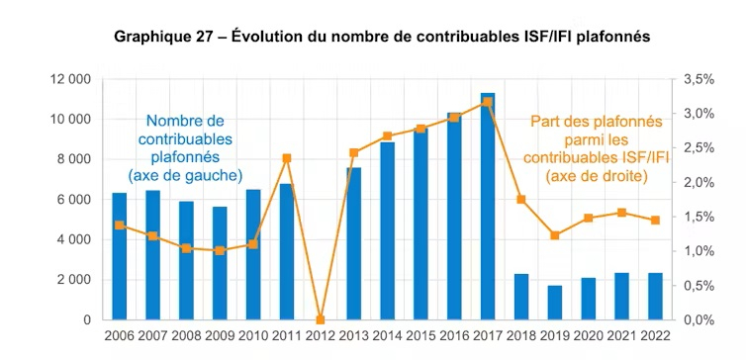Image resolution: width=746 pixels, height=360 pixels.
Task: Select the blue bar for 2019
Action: click(x=554, y=303)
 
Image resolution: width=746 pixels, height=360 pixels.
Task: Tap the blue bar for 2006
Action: click(x=120, y=256)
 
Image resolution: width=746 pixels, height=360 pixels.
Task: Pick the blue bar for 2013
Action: click(x=353, y=243)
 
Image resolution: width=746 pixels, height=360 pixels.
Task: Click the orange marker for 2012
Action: click(x=320, y=319)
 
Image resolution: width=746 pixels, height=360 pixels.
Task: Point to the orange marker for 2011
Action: click(x=287, y=158)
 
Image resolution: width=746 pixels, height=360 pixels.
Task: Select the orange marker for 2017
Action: click(x=488, y=102)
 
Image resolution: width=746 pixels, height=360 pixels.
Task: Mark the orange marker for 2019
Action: click(x=554, y=235)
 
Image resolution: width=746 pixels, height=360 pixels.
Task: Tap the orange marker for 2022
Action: click(x=654, y=221)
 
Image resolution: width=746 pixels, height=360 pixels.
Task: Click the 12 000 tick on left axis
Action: click(x=69, y=79)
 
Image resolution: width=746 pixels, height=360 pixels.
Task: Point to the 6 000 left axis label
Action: click(x=73, y=200)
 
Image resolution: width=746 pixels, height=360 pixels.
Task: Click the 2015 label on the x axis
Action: click(x=420, y=337)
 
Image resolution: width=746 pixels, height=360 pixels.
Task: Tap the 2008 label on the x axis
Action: click(x=186, y=337)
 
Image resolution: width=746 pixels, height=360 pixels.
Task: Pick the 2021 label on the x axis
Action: click(x=620, y=337)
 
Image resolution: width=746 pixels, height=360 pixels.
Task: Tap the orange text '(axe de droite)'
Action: click(x=596, y=175)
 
